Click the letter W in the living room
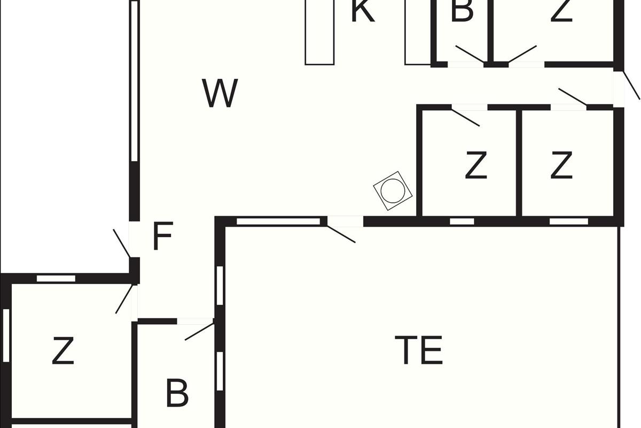pos(220,93)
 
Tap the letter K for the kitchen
pos(363,11)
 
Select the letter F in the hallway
pos(163,236)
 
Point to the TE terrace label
pos(419,350)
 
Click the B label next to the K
pos(462,11)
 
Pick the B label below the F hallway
pos(177,393)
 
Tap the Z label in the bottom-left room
pos(63,350)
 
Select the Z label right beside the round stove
pos(476,165)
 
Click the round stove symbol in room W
pos(393,191)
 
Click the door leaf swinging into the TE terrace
pos(341,234)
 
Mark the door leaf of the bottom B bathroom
pos(199,332)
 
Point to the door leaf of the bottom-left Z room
pos(124,299)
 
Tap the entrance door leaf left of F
pos(122,243)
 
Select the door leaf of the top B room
pos(470,54)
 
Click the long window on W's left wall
pos(135,81)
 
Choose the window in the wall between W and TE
pos(278,221)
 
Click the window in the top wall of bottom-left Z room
pos(56,278)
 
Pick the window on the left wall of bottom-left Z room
pos(6,335)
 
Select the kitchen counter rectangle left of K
pos(319,32)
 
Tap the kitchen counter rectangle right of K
pos(418,32)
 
